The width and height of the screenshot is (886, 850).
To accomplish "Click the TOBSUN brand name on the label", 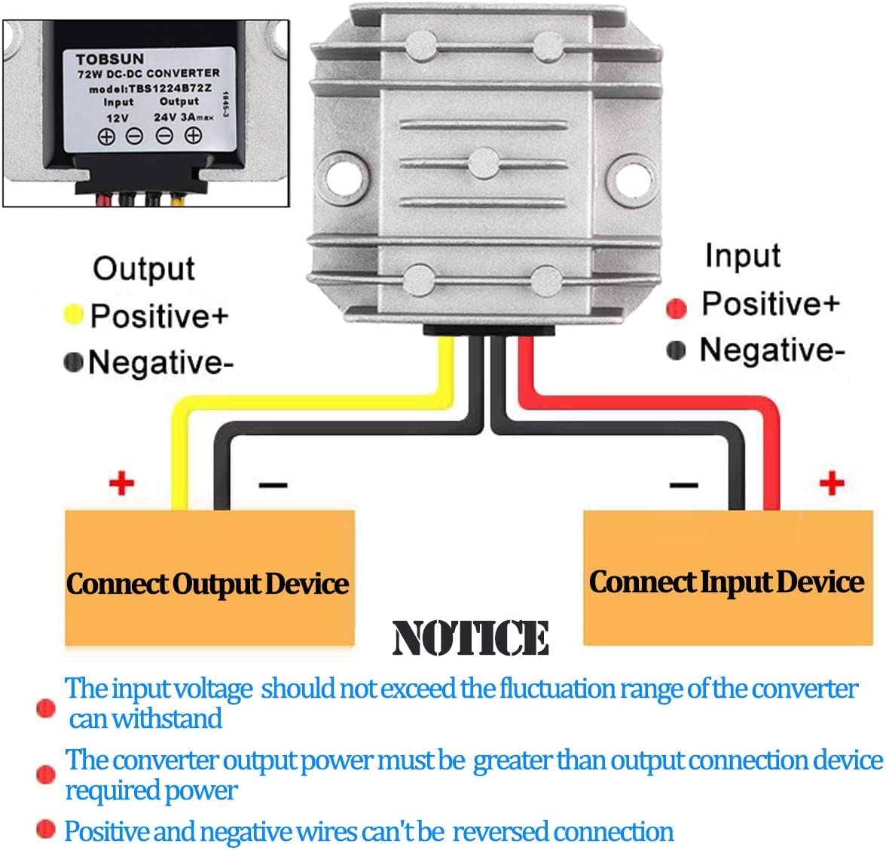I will click(110, 58).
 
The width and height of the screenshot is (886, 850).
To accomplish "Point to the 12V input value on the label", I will click(117, 118).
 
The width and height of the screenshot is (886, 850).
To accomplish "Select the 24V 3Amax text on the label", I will click(183, 117).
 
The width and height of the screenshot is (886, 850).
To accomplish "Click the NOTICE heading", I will click(470, 638).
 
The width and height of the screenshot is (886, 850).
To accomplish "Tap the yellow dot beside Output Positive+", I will click(74, 315).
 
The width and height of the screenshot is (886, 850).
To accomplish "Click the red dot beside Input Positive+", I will click(677, 307).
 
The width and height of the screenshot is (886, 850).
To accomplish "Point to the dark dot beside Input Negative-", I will click(677, 350).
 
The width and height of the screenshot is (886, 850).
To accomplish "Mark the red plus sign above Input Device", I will click(832, 482).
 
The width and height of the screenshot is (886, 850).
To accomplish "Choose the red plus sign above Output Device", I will click(121, 482).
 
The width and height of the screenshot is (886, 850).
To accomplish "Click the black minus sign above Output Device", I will click(273, 485).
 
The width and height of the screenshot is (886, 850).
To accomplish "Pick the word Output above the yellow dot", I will click(143, 269).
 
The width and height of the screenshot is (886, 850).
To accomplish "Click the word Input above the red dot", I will click(742, 256).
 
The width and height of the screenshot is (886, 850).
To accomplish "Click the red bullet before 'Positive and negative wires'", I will click(46, 830).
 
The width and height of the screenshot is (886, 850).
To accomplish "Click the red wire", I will click(771, 452).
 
